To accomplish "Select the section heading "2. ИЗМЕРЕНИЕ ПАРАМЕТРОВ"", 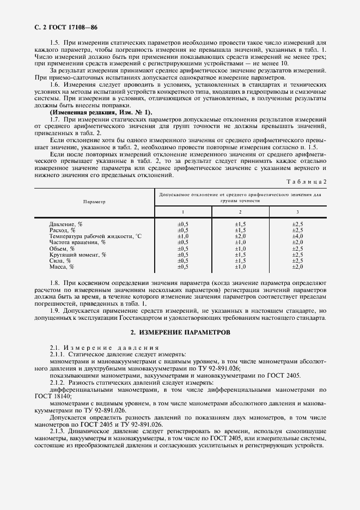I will click(x=180, y=332).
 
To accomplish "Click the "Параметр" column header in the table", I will click(x=94, y=201).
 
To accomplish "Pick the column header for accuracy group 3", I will click(x=297, y=211).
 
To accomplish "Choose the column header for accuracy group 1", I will click(x=183, y=211).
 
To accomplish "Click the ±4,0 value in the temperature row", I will click(x=297, y=236).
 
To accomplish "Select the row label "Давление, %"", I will click(x=65, y=224).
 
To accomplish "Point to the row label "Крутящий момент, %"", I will click(x=77, y=254).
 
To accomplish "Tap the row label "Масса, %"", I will click(x=61, y=267).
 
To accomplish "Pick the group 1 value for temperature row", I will click(x=183, y=236).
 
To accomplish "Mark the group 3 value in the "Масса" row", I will click(x=297, y=267).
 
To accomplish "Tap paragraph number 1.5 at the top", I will click(x=54, y=42).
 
